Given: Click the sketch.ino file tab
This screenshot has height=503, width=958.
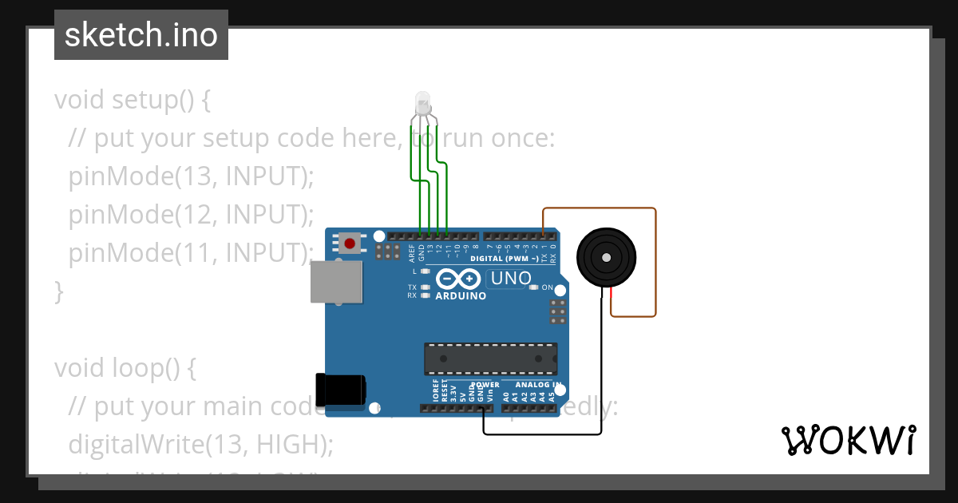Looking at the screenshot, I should coord(141,35).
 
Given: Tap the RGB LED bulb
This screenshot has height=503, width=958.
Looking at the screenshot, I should coord(422,104).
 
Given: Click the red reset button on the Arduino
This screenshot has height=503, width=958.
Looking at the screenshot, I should coord(349,242).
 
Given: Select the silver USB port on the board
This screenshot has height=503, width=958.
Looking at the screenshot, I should coord(335,283).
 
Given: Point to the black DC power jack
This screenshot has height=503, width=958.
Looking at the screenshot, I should coord(341,390).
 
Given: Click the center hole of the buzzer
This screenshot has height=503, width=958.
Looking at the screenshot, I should coord(607,258).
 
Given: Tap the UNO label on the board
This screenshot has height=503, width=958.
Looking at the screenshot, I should coord(510,279).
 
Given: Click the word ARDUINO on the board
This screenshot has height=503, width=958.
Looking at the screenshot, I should coord(461,296).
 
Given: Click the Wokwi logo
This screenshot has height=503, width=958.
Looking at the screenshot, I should coord(848,440).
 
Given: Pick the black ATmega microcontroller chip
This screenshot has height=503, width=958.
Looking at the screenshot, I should coord(490,358).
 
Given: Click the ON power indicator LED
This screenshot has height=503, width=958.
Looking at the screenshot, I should coord(533,287).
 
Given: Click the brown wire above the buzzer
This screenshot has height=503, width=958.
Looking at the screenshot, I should coord(599,209).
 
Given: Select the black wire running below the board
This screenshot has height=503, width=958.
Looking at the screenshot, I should coord(543,434).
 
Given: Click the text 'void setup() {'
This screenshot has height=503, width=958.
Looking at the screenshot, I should coord(132,101).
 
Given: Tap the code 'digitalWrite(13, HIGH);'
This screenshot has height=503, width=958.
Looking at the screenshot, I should coord(200,445).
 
